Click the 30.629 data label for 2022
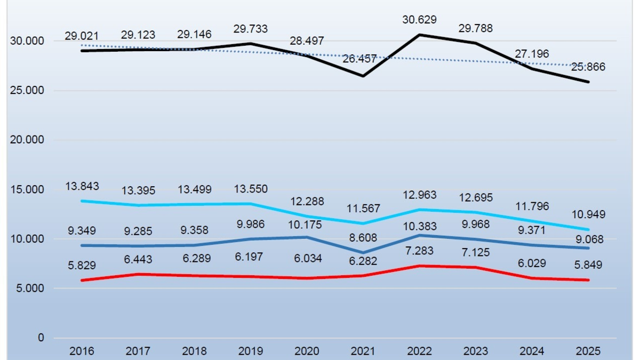420,20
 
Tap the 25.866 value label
589,67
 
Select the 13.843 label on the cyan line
82,186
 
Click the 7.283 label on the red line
420,251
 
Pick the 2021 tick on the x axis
363,351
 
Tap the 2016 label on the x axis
82,351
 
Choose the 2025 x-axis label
588,351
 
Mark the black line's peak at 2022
420,35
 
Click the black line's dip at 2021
363,76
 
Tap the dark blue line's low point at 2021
363,252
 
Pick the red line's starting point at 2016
82,280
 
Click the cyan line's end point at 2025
588,229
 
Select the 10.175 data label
307,225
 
